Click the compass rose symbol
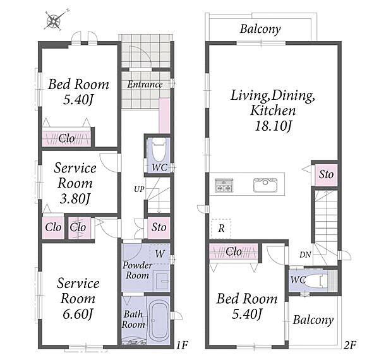tap(54, 21)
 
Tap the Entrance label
tap(145, 85)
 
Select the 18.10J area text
tap(273, 126)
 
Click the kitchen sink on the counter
tap(265, 185)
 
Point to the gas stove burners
tap(224, 185)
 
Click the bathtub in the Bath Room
tap(159, 320)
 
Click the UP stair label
tap(139, 189)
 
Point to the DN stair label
tap(305, 255)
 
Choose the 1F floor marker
tap(182, 345)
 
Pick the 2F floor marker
tap(350, 345)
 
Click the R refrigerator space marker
tap(222, 228)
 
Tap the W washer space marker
tap(160, 254)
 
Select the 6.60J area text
tap(78, 315)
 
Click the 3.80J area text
tap(75, 199)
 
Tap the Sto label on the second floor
tap(326, 174)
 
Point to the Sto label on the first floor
tap(159, 227)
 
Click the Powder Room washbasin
tap(162, 281)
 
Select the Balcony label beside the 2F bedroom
tap(313, 320)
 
